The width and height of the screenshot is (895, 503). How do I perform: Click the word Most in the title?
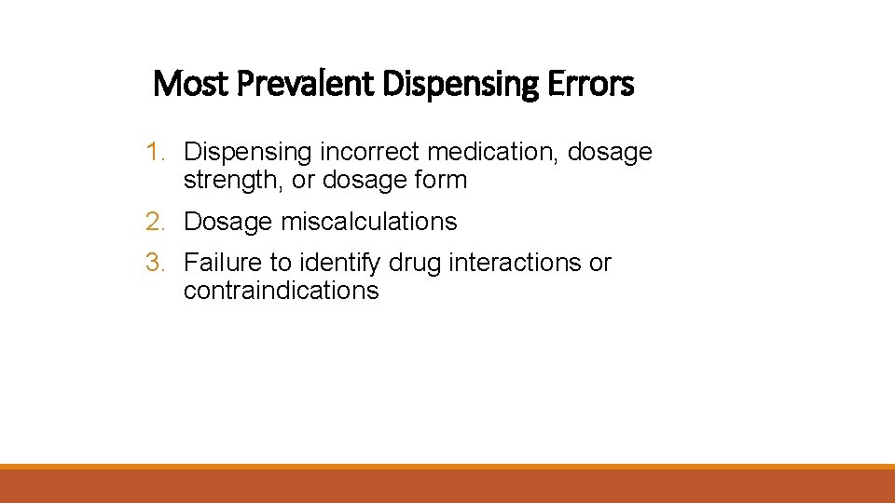tap(191, 84)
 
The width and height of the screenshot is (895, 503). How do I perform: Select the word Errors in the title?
tap(590, 84)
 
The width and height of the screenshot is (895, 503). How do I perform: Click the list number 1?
tap(155, 151)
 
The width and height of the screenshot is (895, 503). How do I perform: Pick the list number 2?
tap(155, 222)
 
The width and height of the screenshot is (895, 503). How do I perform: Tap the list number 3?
tap(155, 263)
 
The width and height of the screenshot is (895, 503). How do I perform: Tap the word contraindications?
tap(281, 291)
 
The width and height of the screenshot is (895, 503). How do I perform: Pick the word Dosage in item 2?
tap(228, 222)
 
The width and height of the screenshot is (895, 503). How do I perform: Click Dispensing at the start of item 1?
tap(248, 152)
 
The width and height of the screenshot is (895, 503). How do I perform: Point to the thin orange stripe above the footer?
tap(447, 467)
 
